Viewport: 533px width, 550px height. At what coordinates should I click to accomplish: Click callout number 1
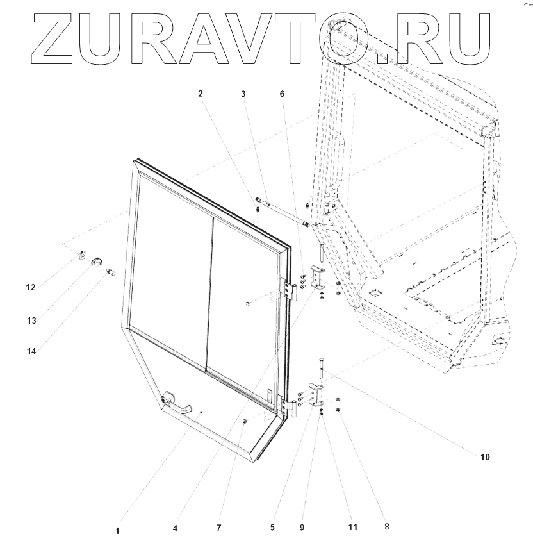117,531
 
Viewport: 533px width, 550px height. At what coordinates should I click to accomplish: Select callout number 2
201,93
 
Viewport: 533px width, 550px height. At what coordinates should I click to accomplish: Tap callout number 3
243,93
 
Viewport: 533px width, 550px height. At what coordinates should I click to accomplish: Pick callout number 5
272,528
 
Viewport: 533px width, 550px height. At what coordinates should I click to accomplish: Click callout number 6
283,93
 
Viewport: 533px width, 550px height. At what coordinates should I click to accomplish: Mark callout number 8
386,527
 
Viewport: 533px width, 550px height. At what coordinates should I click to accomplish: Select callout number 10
484,457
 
